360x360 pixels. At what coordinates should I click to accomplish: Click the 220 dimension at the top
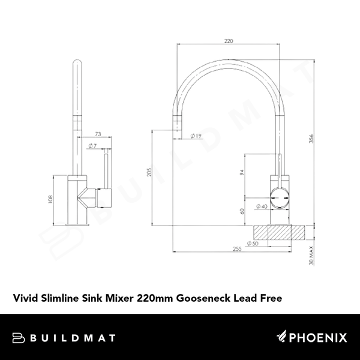[227, 42]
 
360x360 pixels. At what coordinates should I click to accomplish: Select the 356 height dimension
[311, 139]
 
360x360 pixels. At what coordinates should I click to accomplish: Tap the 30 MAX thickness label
[311, 255]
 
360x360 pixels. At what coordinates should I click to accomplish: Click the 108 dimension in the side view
[50, 200]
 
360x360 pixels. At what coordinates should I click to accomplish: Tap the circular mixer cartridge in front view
[280, 196]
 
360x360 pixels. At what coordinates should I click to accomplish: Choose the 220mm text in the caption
[155, 296]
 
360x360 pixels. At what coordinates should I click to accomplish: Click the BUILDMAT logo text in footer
[71, 338]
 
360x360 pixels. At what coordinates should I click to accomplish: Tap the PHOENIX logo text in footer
[317, 338]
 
